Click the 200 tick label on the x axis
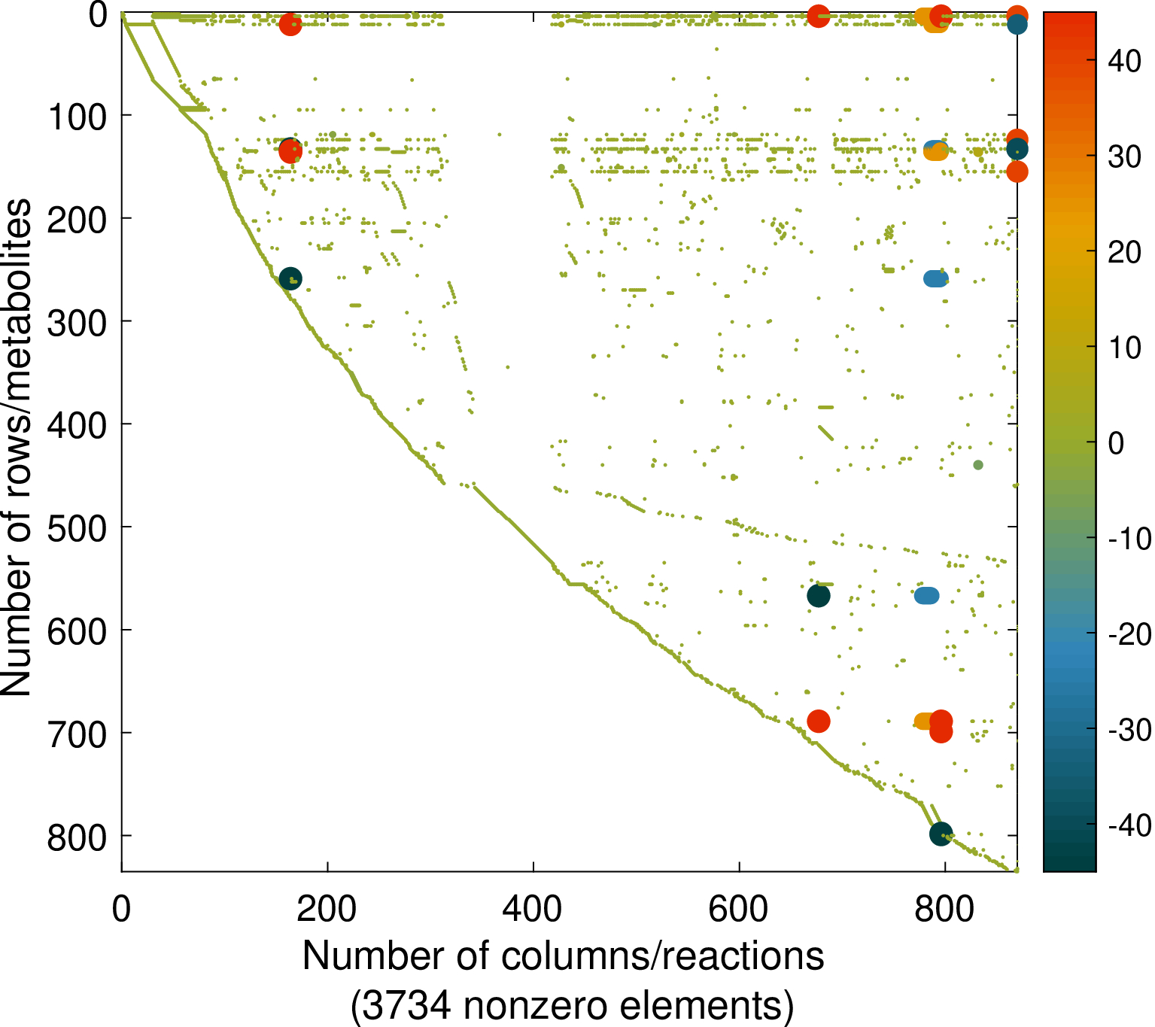[327, 910]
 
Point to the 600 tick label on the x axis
[739, 910]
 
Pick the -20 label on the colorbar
[1129, 635]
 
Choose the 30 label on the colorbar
[1124, 156]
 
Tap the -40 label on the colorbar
[1129, 825]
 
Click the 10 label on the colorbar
[1124, 348]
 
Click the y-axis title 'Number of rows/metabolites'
[17, 448]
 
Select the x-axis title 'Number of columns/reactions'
[563, 956]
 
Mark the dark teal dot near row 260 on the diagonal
[290, 279]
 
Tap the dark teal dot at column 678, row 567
[819, 596]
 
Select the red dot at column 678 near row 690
[819, 722]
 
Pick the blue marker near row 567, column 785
[927, 596]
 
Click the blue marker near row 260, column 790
[935, 278]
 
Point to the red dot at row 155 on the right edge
[1017, 172]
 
